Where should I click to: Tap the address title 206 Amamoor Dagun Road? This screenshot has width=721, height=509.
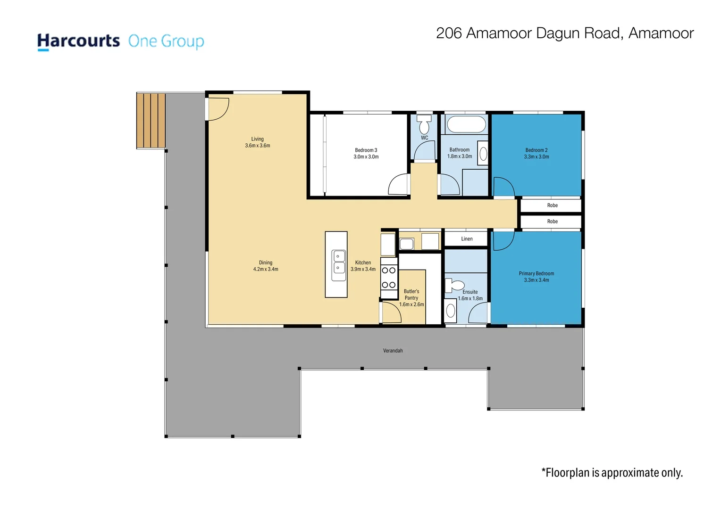click(528, 33)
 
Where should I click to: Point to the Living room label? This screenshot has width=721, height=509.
click(258, 142)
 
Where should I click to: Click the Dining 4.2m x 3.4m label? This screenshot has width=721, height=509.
click(266, 266)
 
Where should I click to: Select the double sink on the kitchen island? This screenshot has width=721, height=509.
click(339, 266)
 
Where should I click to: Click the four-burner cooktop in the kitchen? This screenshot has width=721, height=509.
click(389, 278)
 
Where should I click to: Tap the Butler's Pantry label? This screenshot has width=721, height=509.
click(411, 298)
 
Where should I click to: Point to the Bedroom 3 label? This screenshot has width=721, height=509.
click(366, 153)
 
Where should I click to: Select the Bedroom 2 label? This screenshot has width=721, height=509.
click(536, 153)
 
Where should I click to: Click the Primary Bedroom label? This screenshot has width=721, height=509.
click(536, 277)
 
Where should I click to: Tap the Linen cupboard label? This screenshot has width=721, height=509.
click(467, 238)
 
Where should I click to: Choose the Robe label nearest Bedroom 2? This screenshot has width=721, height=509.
click(553, 205)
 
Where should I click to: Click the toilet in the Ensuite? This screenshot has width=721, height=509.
click(454, 285)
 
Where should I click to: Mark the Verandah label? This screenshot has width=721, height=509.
click(393, 351)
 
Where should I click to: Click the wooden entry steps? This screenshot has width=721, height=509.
click(151, 121)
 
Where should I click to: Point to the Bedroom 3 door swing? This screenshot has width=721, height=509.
click(398, 184)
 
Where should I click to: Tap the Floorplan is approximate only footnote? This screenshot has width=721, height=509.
click(612, 473)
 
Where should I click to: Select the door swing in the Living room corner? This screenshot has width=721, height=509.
click(219, 109)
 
